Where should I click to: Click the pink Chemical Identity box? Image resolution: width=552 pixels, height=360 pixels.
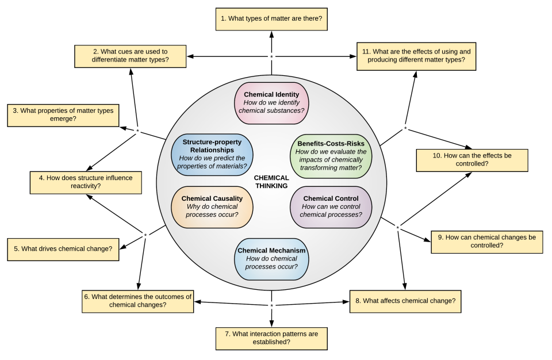click(271, 103)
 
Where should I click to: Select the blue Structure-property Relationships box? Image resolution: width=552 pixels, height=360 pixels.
click(212, 154)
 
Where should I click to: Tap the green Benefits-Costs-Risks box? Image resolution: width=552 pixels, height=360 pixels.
click(331, 155)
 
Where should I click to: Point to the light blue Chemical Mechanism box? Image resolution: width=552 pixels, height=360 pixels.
click(271, 259)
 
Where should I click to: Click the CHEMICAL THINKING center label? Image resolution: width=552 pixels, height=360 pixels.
click(271, 182)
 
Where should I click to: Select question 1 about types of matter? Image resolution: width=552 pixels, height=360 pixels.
click(271, 19)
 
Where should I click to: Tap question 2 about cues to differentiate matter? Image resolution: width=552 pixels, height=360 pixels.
click(131, 56)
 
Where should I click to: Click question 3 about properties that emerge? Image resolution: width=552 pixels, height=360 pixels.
click(63, 114)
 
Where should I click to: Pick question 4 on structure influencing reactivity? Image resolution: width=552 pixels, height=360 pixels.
click(86, 182)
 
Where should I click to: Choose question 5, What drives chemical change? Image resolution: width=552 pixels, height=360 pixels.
click(63, 249)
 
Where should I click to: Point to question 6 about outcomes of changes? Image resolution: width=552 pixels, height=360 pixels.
click(137, 301)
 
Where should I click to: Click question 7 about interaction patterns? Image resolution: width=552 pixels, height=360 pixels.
click(271, 338)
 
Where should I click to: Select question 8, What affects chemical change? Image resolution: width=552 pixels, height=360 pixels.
click(405, 301)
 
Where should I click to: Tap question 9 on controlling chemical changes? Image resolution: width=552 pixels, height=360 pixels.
click(486, 242)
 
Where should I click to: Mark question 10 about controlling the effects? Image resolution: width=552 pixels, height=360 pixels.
click(471, 160)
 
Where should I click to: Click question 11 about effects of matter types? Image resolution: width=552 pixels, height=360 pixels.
click(416, 56)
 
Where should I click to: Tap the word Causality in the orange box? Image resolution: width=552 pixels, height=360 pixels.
click(227, 199)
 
